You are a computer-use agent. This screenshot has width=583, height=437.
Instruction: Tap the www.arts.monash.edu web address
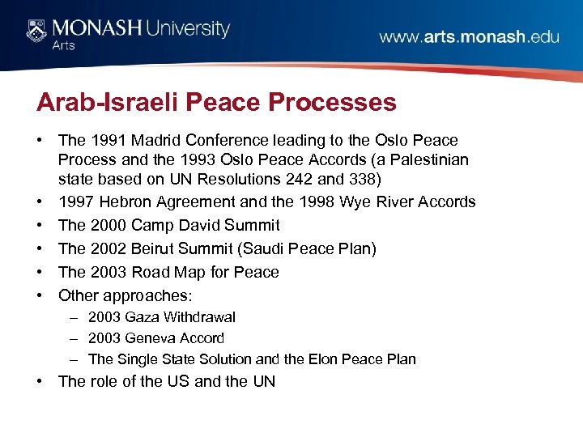tap(469, 36)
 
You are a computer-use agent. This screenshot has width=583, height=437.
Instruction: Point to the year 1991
tap(106, 140)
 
